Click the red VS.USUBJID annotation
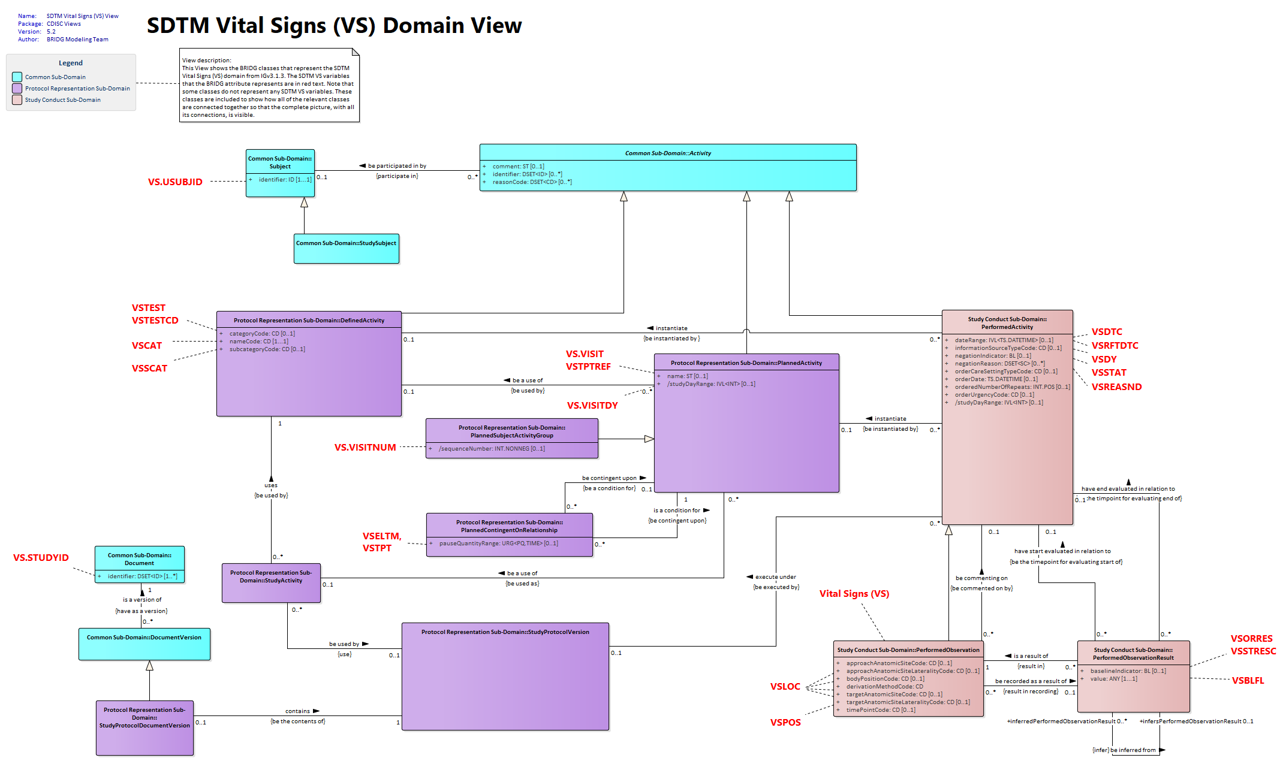175,182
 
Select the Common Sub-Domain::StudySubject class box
347,248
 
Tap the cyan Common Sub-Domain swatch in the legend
17,77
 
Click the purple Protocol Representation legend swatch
17,88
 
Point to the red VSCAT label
147,346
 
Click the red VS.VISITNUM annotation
365,448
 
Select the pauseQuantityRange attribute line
498,543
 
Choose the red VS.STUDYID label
41,558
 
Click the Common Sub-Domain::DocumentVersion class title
144,638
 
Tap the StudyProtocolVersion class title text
505,632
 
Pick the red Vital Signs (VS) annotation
854,594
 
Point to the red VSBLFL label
1248,681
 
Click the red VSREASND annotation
1116,387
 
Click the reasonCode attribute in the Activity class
532,182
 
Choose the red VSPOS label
785,723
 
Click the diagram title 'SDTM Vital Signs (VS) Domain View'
335,26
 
